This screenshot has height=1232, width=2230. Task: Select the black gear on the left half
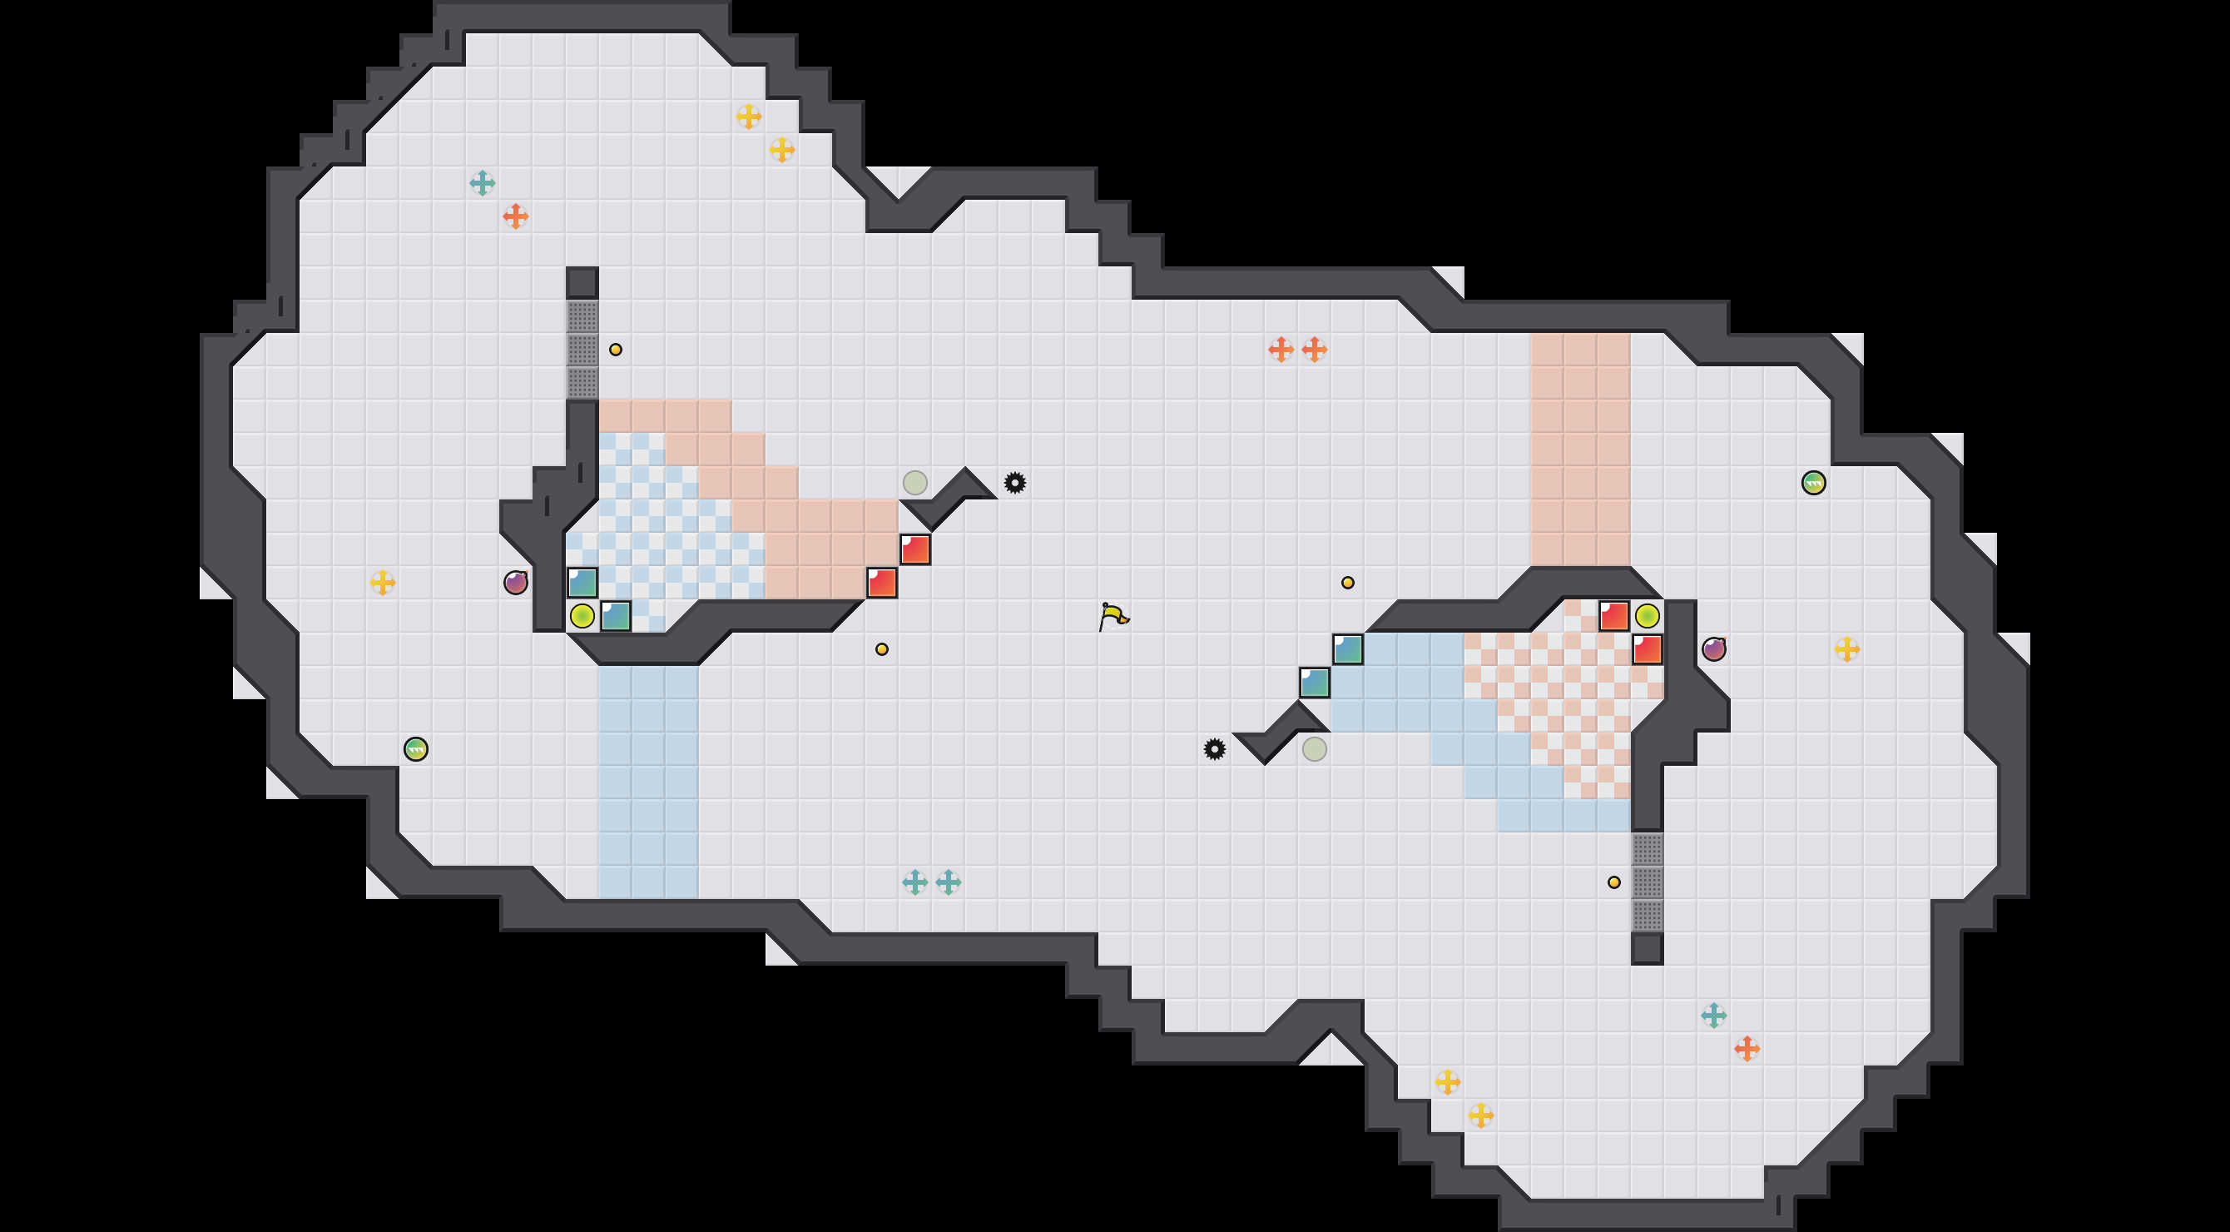pyautogui.click(x=1014, y=482)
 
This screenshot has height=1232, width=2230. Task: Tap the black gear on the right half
pyautogui.click(x=1215, y=749)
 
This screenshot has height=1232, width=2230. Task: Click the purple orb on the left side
pyautogui.click(x=516, y=582)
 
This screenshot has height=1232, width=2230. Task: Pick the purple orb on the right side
pyautogui.click(x=1714, y=648)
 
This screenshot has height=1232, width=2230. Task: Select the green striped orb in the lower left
pyautogui.click(x=415, y=749)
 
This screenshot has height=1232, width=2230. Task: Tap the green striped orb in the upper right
pyautogui.click(x=1814, y=482)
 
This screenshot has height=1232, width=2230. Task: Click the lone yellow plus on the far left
pyautogui.click(x=383, y=582)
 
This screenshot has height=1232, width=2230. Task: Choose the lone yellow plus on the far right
pyautogui.click(x=1846, y=648)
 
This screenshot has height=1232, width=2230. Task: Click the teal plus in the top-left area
pyautogui.click(x=482, y=182)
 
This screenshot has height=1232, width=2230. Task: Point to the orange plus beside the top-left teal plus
pyautogui.click(x=516, y=216)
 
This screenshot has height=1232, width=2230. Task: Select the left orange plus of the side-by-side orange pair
pyautogui.click(x=1281, y=349)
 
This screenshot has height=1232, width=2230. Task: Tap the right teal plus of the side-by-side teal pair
pyautogui.click(x=949, y=882)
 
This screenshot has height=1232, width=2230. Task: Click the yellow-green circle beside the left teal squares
pyautogui.click(x=582, y=615)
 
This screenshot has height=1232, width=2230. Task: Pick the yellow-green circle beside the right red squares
pyautogui.click(x=1648, y=615)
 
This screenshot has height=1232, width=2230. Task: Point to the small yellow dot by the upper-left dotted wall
pyautogui.click(x=616, y=350)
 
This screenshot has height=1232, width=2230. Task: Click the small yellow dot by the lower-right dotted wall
pyautogui.click(x=1613, y=882)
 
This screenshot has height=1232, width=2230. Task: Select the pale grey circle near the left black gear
pyautogui.click(x=915, y=482)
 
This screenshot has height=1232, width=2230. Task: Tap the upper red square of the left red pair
pyautogui.click(x=915, y=549)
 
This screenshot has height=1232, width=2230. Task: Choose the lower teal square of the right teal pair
pyautogui.click(x=1314, y=683)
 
